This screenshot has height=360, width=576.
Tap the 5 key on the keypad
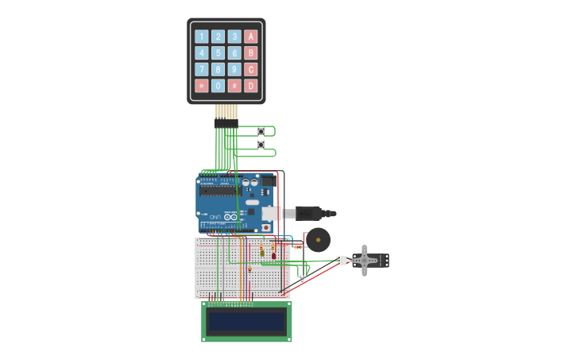click(x=218, y=52)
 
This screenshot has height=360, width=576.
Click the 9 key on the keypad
click(x=234, y=69)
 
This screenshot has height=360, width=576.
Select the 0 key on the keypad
click(x=218, y=86)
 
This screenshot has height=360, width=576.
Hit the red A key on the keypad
click(x=251, y=36)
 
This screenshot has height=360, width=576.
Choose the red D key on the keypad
click(x=251, y=86)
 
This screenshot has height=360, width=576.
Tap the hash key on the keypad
click(x=234, y=86)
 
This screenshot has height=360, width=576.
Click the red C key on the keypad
click(x=251, y=69)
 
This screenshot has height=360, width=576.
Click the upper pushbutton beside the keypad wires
click(x=261, y=131)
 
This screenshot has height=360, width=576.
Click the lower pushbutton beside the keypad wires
click(x=261, y=145)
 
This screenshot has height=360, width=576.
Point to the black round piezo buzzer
click(x=319, y=238)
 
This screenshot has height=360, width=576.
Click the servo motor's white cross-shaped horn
click(x=365, y=260)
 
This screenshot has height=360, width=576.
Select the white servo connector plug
click(x=341, y=260)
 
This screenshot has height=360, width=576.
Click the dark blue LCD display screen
click(x=245, y=321)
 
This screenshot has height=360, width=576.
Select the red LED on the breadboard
click(x=273, y=254)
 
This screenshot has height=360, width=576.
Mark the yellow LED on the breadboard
click(x=262, y=253)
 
